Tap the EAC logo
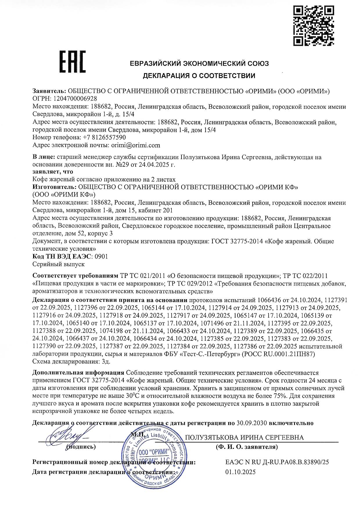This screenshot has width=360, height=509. pyautogui.click(x=73, y=62)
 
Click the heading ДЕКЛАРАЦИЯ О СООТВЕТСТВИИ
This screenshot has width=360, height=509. pyautogui.click(x=199, y=76)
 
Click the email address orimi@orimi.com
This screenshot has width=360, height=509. pyautogui.click(x=135, y=145)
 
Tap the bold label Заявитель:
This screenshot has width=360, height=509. pyautogui.click(x=50, y=91)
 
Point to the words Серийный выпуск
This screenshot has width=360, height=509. pyautogui.click(x=58, y=264)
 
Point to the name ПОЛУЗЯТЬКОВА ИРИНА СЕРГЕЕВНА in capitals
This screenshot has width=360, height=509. pyautogui.click(x=244, y=438)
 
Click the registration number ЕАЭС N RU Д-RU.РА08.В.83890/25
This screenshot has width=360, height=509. pyautogui.click(x=277, y=462)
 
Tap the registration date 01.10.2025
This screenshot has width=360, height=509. pyautogui.click(x=241, y=472)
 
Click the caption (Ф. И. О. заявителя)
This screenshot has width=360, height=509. pyautogui.click(x=246, y=447)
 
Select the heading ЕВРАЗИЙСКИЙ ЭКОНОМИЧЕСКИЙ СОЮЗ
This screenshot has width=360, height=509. pyautogui.click(x=199, y=63)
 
